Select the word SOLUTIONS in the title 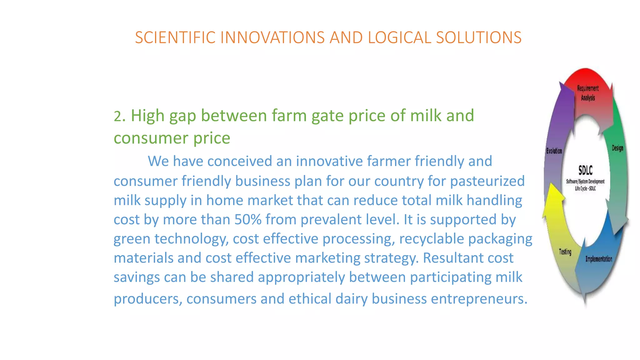(479, 37)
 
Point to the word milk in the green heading (426, 115)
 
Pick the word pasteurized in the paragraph (487, 181)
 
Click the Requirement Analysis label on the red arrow (588, 93)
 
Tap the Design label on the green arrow (617, 148)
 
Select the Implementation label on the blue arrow (599, 259)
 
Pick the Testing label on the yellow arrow (565, 252)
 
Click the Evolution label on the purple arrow (554, 151)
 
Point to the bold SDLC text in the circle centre (585, 171)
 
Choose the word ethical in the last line (310, 299)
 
